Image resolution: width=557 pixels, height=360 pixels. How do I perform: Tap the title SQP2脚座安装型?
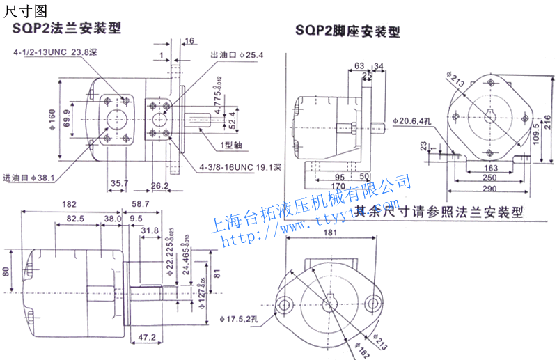click(x=347, y=31)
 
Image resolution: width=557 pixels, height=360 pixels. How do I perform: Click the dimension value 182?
click(x=69, y=203)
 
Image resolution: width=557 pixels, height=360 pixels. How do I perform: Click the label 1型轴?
click(x=231, y=146)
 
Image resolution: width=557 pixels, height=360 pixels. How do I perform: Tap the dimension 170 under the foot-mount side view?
click(x=338, y=186)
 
